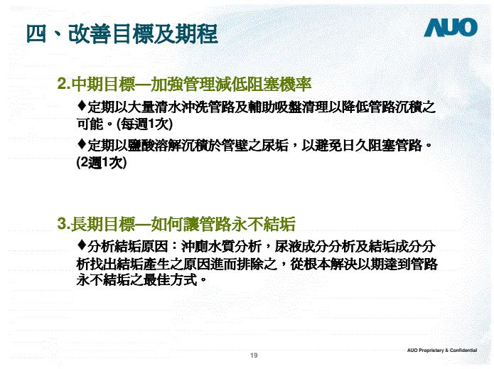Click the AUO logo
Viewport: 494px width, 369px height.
(x=451, y=28)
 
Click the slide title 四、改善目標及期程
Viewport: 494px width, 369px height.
(x=122, y=33)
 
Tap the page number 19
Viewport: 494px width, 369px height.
(x=254, y=354)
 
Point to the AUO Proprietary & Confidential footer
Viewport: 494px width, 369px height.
(x=442, y=351)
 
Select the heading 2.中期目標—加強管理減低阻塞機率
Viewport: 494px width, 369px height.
(x=185, y=84)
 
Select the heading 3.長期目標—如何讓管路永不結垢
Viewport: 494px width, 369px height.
(x=176, y=225)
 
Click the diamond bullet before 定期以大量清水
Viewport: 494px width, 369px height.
(x=81, y=106)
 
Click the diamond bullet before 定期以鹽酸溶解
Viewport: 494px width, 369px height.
(x=81, y=145)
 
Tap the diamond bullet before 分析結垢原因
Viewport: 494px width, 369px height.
(x=81, y=247)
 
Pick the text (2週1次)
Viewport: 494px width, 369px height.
(x=101, y=162)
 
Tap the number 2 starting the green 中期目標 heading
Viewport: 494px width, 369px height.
(x=62, y=85)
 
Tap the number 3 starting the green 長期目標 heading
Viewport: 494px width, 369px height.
(x=62, y=226)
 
